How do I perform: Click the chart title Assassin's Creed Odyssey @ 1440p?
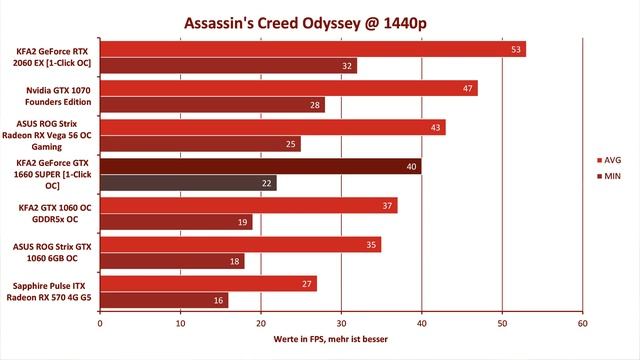[305, 23]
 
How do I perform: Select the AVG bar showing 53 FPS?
[313, 49]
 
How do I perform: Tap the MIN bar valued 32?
[229, 66]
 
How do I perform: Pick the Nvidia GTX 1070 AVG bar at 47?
[289, 88]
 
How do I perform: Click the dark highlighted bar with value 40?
[261, 167]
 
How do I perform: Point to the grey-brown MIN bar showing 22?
[189, 183]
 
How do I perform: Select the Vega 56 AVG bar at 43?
[273, 127]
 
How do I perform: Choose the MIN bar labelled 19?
[176, 222]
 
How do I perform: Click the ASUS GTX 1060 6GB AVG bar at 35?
[241, 244]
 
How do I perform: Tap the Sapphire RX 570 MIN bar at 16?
[164, 300]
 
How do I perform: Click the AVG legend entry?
[609, 160]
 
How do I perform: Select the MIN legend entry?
[609, 176]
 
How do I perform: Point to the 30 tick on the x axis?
[341, 324]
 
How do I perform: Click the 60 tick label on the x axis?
[582, 324]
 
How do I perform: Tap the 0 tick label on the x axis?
[100, 324]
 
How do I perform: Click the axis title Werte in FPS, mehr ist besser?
[331, 339]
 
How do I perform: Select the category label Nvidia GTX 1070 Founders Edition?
[58, 96]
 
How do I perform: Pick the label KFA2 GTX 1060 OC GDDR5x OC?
[55, 213]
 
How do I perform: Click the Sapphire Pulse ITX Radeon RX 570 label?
[49, 291]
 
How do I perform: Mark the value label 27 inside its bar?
[307, 284]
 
